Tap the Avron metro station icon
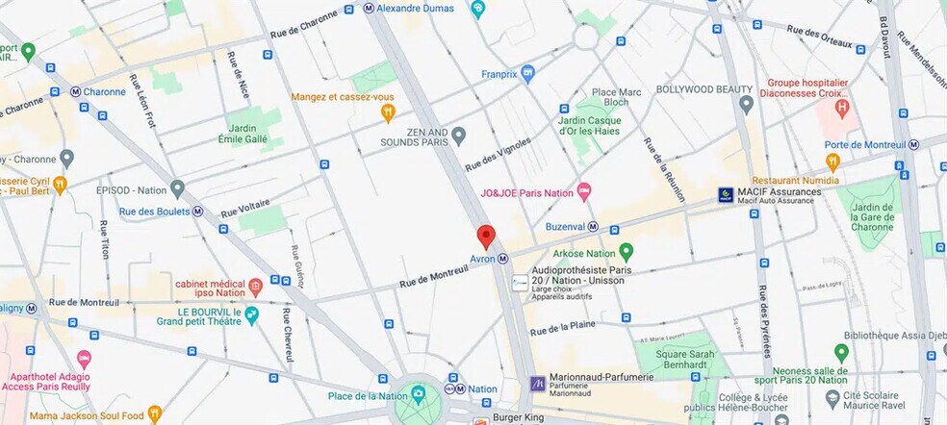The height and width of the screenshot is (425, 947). (x=503, y=259)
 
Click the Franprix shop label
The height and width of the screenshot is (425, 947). (x=499, y=73)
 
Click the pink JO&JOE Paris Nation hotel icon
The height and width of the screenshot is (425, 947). (x=583, y=192)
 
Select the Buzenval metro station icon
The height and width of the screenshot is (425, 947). (x=593, y=227)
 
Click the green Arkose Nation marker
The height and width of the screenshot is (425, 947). (x=627, y=252)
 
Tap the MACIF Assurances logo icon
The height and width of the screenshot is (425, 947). (x=727, y=195)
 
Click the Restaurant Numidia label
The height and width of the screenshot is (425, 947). (x=795, y=180)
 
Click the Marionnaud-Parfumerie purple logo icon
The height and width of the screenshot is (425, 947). (x=537, y=384)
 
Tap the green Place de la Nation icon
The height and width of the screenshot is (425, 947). (x=418, y=394)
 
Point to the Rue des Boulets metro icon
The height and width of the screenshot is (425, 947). (x=197, y=212)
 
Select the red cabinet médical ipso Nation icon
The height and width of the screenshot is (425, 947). (x=255, y=286)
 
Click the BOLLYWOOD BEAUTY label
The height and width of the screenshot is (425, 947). (x=704, y=89)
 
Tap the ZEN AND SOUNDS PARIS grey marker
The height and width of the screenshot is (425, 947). (x=459, y=136)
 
